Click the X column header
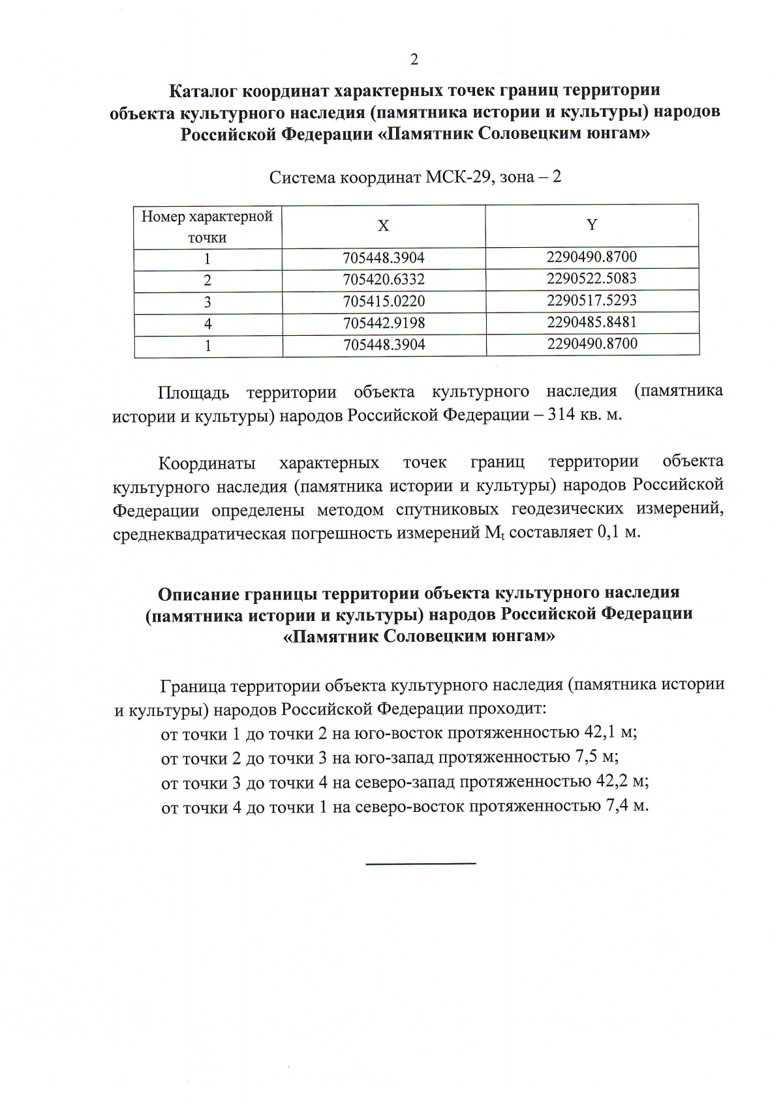point(384,226)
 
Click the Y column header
point(592,225)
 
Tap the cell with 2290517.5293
point(592,301)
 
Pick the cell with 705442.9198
point(384,323)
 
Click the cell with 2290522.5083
point(592,279)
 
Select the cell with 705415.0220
point(384,302)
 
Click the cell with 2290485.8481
point(592,322)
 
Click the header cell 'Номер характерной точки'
point(207,226)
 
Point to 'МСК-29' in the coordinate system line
point(456,177)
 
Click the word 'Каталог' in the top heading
point(198,90)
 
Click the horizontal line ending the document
point(421,864)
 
